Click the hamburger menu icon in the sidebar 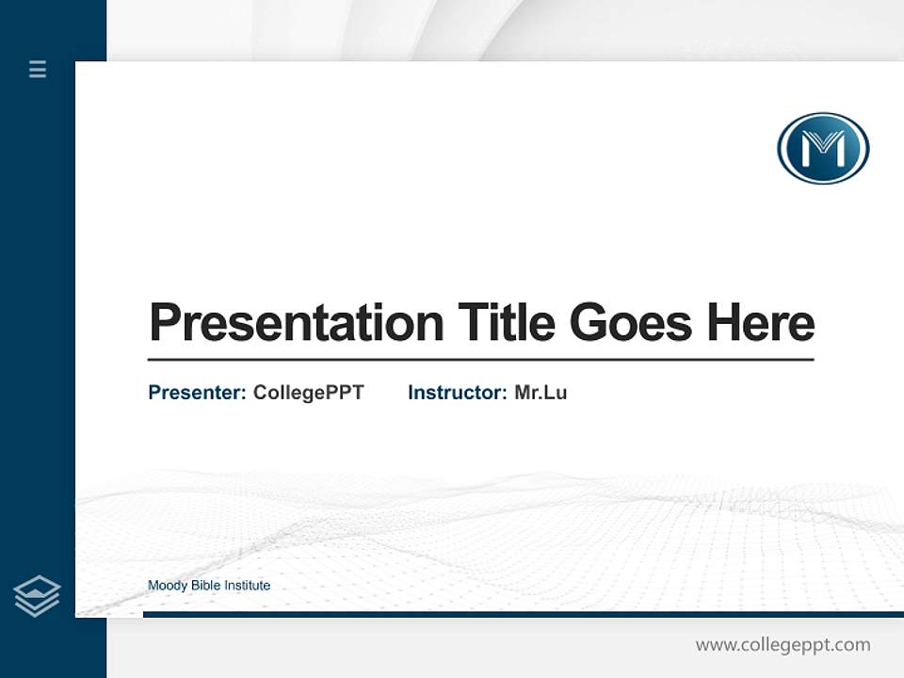(x=38, y=69)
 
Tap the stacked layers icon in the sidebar (x=37, y=596)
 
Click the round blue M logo (x=822, y=148)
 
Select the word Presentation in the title (x=296, y=323)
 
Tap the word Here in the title (x=760, y=323)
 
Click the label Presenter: (x=197, y=393)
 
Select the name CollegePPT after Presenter (x=308, y=393)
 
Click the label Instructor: (x=457, y=393)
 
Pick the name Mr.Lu (x=541, y=393)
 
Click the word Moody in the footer (x=168, y=586)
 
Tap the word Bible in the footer (x=205, y=586)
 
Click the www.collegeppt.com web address (x=783, y=645)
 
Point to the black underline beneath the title (x=480, y=360)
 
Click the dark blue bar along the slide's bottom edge (x=523, y=614)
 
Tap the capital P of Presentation (x=164, y=323)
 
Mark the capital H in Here (x=722, y=323)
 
